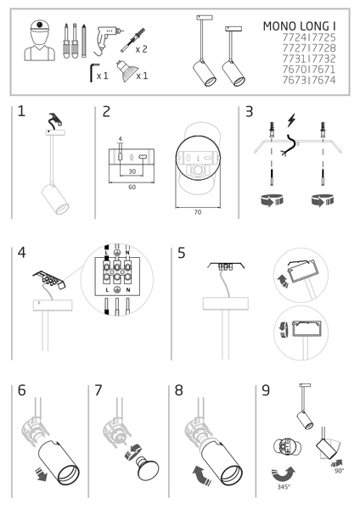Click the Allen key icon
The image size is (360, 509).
90,76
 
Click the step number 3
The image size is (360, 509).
249,112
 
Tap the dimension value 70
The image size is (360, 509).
197,212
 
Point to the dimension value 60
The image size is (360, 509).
132,187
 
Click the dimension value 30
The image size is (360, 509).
132,171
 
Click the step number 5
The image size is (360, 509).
182,253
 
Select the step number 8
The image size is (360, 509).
178,391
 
